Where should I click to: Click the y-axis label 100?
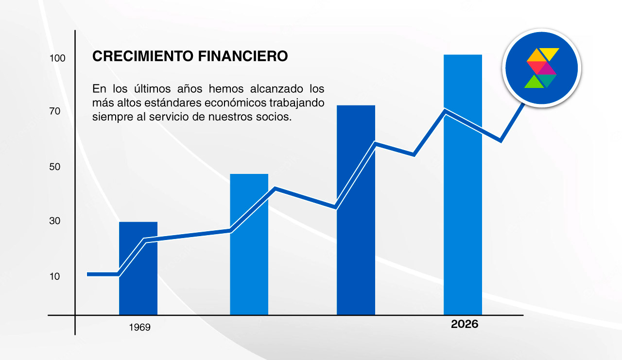(57, 58)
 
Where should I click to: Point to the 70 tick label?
(54, 111)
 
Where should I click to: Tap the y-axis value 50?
(54, 167)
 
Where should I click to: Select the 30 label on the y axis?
(54, 221)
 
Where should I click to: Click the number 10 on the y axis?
(54, 276)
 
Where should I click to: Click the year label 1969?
(139, 327)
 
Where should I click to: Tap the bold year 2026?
(465, 324)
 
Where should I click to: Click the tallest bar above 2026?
(463, 194)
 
